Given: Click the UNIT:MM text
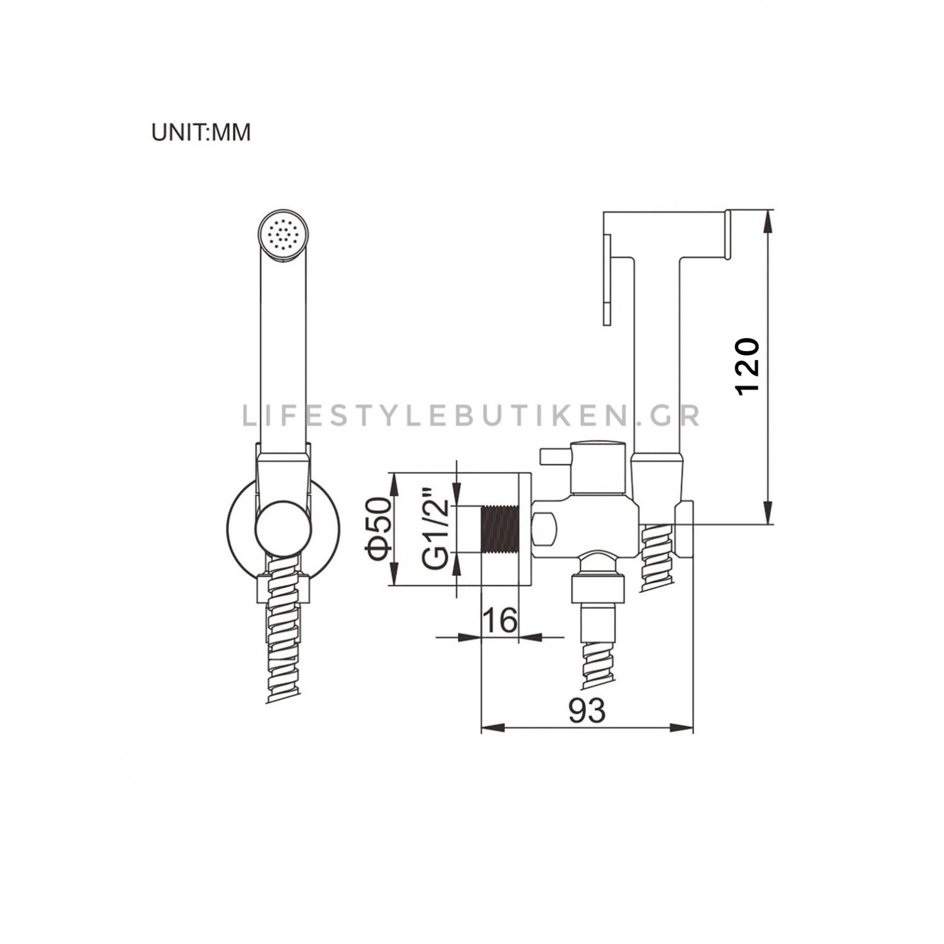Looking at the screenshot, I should click(201, 133).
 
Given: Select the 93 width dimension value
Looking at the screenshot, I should click(587, 710).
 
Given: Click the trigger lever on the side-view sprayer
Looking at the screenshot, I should click(607, 280).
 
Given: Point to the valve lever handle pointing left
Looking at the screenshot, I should click(554, 455).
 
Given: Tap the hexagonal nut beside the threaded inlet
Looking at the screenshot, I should click(544, 529).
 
